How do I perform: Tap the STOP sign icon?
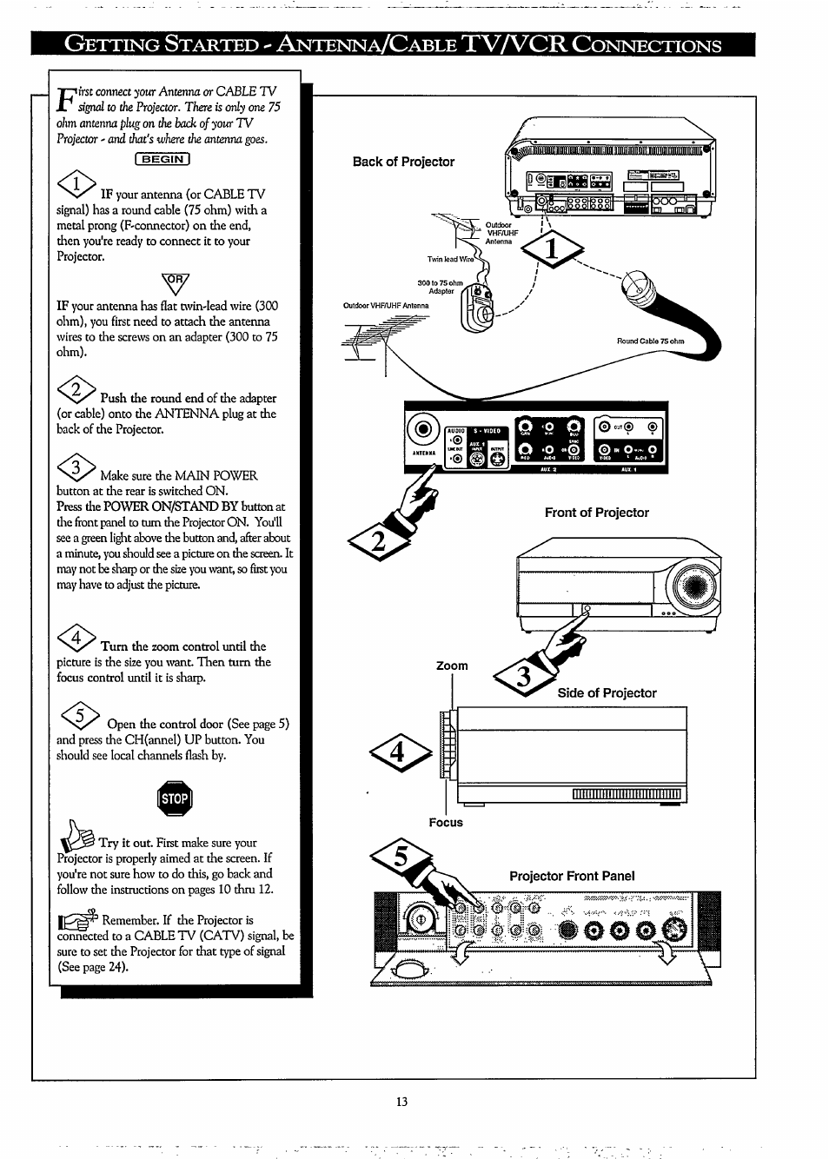coord(175,799)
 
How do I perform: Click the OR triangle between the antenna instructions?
coord(175,281)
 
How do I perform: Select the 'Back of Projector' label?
coord(403,162)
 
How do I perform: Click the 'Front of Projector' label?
coord(596,513)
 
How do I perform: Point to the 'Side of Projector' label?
coord(607,692)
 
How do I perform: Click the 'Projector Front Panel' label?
coord(572,876)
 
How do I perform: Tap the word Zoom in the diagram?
coord(452,666)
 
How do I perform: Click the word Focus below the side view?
coord(446,822)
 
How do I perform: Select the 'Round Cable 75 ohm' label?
coord(650,341)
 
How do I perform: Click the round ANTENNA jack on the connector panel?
coord(422,429)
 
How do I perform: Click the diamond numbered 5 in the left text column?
coord(78,718)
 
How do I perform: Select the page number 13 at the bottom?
coord(401,1101)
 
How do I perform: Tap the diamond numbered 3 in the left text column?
coord(76,469)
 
